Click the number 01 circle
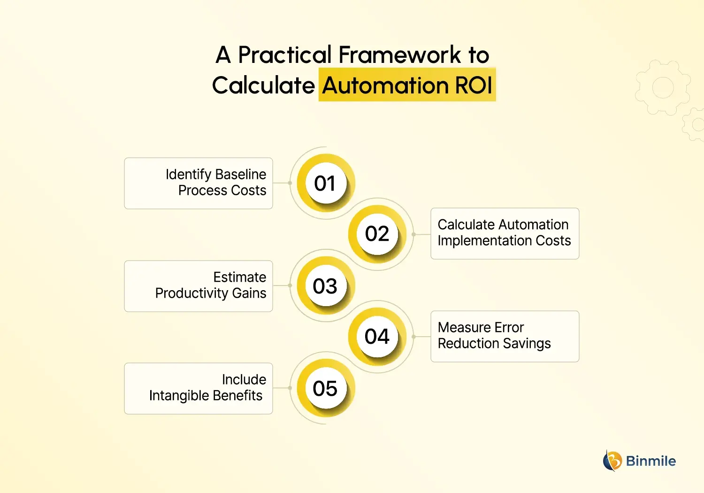pos(325,183)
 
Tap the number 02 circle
pos(377,234)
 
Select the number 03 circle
pos(325,286)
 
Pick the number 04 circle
pos(377,336)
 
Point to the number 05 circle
pos(325,388)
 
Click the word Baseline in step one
pos(241,174)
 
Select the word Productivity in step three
pos(191,293)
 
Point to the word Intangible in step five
pos(178,396)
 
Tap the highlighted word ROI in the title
pos(473,85)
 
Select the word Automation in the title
pos(385,85)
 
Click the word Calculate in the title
pos(263,85)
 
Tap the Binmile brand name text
pos(651,461)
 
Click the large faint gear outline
pos(663,88)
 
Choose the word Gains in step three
pos(249,293)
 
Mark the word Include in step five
pos(244,379)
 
